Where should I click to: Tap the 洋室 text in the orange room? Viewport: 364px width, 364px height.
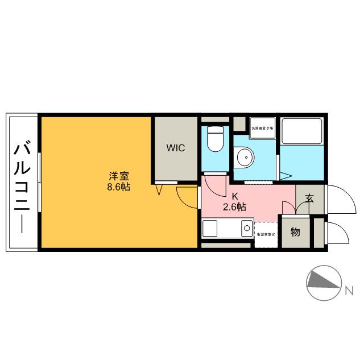pos(118,176)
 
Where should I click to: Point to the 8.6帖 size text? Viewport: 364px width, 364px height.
pos(118,187)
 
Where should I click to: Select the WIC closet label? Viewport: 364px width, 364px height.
pos(175,148)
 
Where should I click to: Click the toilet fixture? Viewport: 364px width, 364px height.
pos(215,140)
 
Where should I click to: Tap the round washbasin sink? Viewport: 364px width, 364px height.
pos(245,156)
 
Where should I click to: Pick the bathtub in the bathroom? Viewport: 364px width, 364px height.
pos(301,132)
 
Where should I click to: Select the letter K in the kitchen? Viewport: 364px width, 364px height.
pos(234,197)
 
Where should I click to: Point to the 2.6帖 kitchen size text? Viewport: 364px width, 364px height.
pos(234,207)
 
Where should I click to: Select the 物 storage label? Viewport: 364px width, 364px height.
pos(296,232)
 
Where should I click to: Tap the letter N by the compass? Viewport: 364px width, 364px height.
pos(348,292)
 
